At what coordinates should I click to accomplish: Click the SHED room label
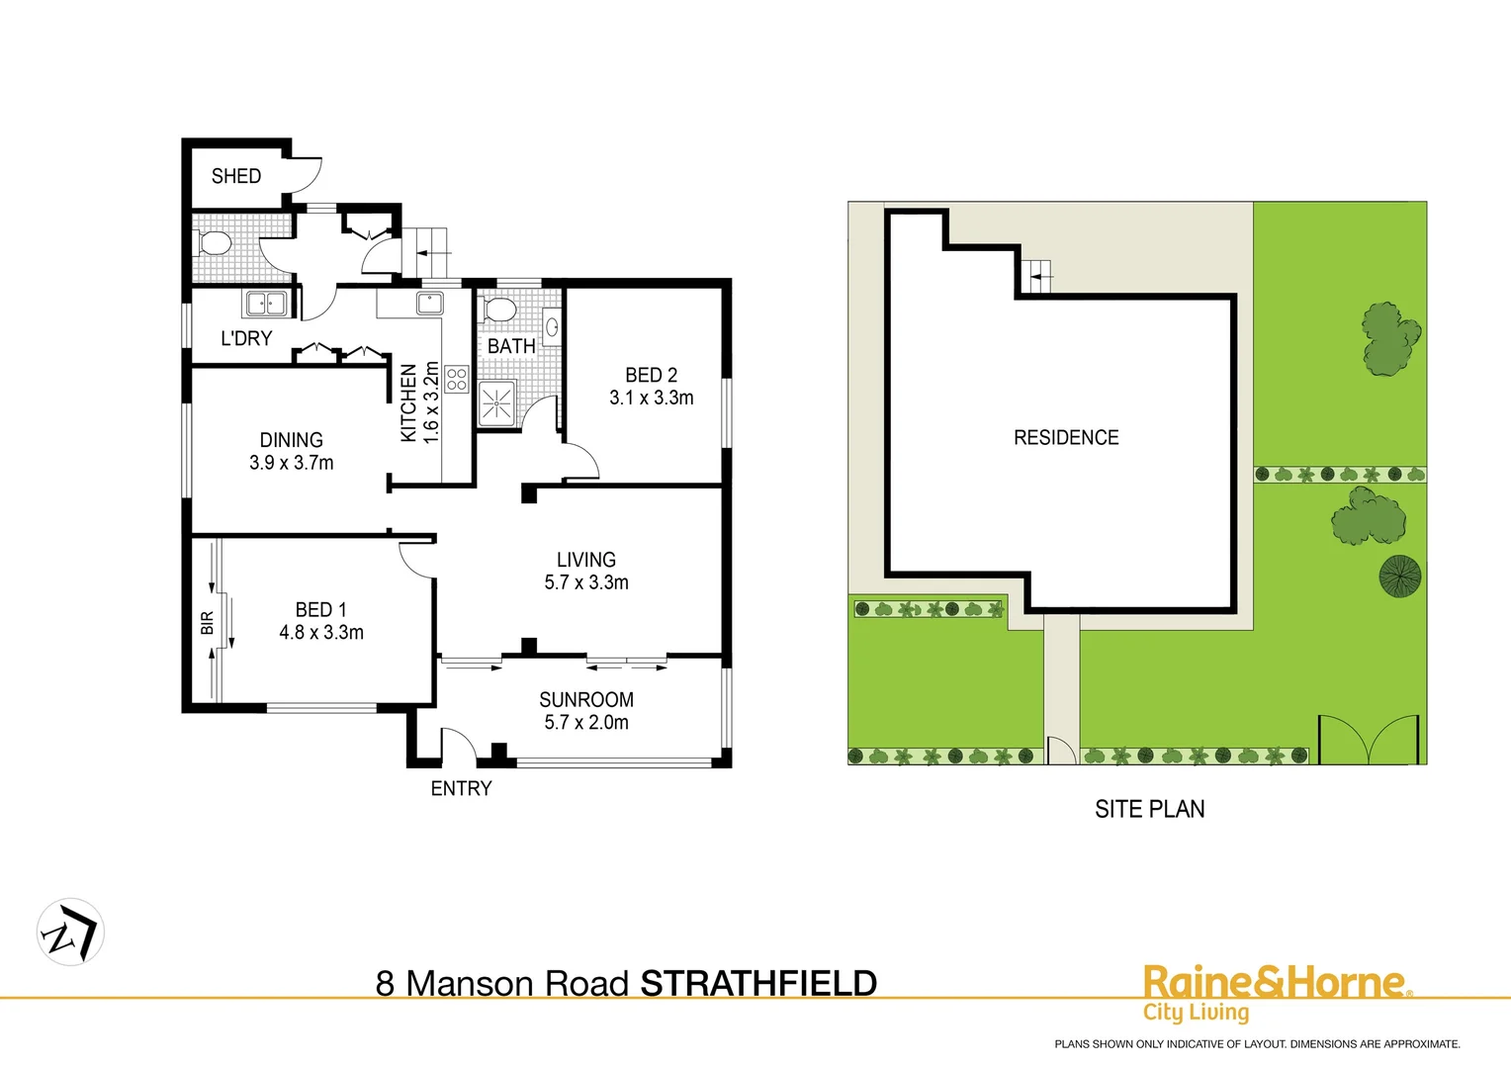click(236, 176)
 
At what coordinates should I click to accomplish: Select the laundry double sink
click(266, 304)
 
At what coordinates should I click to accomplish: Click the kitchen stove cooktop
click(456, 379)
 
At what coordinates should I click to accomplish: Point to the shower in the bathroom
click(496, 403)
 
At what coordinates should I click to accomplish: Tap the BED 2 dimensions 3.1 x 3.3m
click(651, 398)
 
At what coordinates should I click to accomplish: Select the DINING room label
click(291, 440)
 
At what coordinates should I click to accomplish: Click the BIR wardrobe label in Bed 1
click(207, 623)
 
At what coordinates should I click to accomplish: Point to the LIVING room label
click(585, 560)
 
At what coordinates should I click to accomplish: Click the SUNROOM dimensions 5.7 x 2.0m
click(585, 723)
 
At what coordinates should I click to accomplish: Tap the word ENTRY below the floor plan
click(461, 788)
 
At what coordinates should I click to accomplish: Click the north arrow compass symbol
click(70, 933)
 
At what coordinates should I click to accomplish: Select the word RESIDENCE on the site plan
click(1066, 437)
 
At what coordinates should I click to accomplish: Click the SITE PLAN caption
click(1149, 809)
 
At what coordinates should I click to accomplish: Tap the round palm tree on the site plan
click(1400, 576)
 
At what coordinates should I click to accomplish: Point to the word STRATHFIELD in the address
click(758, 984)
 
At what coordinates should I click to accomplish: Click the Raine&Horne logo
click(1276, 992)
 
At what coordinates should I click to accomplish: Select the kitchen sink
click(429, 302)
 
